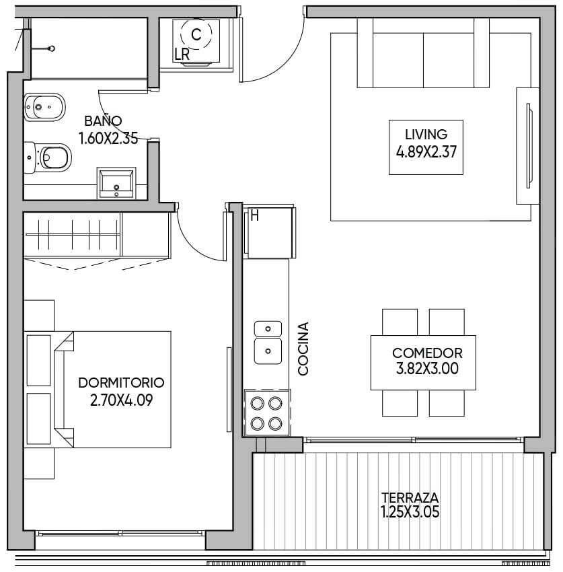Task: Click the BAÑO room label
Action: (x=103, y=120)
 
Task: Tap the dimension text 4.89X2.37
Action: (x=426, y=152)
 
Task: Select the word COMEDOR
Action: (x=427, y=353)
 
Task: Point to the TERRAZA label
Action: (x=410, y=497)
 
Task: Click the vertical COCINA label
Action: (x=303, y=349)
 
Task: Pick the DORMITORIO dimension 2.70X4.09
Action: (x=121, y=400)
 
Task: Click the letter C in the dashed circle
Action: (x=196, y=34)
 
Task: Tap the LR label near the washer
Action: (x=182, y=55)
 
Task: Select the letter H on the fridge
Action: (x=254, y=216)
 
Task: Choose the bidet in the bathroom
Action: (x=44, y=107)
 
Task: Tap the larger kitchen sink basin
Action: (x=268, y=351)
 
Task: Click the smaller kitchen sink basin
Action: (x=268, y=328)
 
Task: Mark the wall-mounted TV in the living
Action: (x=529, y=146)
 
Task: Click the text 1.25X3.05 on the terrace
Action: (x=410, y=511)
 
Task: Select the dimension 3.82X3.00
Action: (x=427, y=369)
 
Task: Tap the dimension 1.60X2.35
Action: (x=108, y=138)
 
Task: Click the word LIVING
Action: (x=426, y=134)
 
